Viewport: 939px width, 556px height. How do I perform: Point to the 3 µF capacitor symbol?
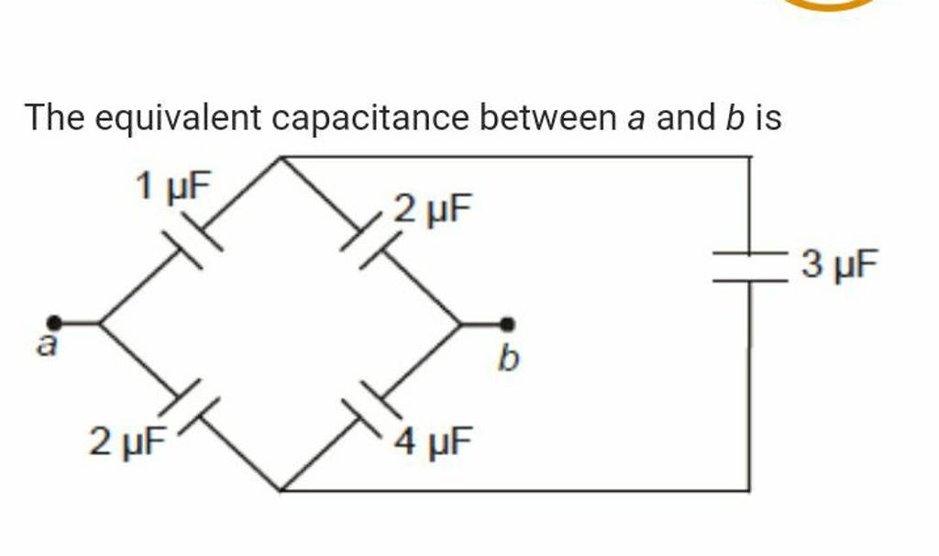(x=750, y=268)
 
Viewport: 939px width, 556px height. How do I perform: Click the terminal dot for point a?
(x=55, y=322)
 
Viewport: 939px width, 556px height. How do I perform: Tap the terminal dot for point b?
(x=507, y=324)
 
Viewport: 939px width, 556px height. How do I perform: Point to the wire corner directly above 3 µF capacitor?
(x=750, y=157)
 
